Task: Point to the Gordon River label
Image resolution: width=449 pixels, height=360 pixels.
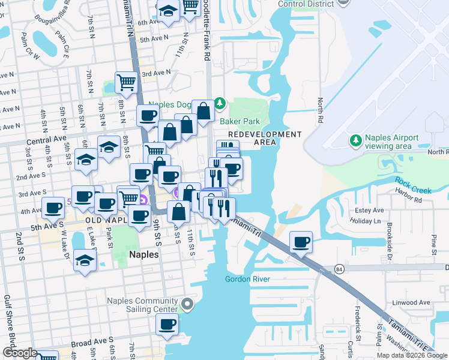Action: [248, 279]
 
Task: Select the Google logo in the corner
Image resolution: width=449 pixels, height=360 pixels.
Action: [19, 352]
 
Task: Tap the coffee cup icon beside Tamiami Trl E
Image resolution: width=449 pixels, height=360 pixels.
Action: [301, 242]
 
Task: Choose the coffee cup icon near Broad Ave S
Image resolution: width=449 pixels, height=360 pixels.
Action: [167, 325]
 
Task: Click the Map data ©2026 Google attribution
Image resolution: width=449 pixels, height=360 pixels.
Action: [412, 355]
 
